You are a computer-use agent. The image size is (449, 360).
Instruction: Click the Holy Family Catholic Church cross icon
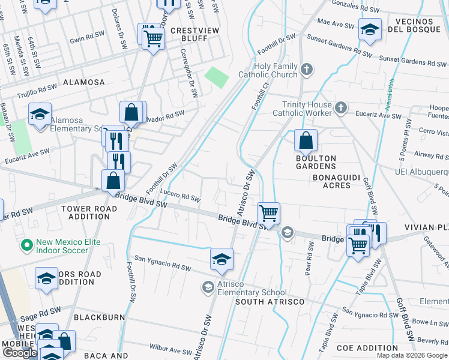(x=307, y=70)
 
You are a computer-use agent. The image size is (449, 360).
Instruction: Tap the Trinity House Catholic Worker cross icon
(x=341, y=107)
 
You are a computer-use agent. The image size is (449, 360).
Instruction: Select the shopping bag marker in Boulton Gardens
(x=306, y=142)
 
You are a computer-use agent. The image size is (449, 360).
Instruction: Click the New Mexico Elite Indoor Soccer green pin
(x=26, y=245)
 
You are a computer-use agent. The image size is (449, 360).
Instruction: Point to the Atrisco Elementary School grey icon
(x=208, y=287)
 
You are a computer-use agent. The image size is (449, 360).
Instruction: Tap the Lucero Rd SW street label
(x=180, y=196)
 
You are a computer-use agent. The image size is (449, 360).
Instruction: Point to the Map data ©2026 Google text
(x=412, y=355)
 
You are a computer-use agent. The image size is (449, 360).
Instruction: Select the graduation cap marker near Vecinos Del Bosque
(x=370, y=29)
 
